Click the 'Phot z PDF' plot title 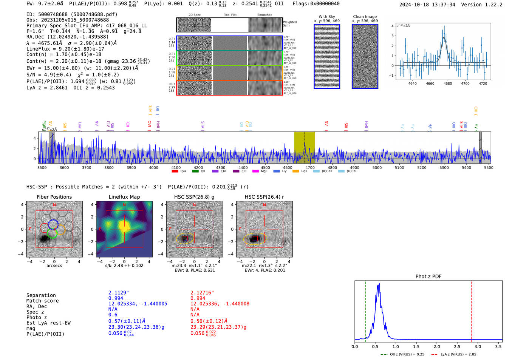click(x=428, y=277)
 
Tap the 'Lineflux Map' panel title click(x=124, y=197)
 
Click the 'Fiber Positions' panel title click(x=54, y=197)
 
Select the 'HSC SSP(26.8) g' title click(x=194, y=197)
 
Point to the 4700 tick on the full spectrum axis click(x=310, y=168)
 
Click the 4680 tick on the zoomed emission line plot click(x=448, y=83)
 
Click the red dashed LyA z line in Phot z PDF click(x=472, y=310)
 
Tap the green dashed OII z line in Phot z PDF click(x=365, y=310)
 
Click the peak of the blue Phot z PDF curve click(x=379, y=284)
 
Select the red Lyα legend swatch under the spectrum click(x=175, y=172)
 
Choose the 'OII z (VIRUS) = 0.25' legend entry click(x=402, y=354)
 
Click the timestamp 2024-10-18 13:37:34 click(x=427, y=5)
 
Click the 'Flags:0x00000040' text click(x=316, y=4)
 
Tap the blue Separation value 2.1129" click(x=119, y=293)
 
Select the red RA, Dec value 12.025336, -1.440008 click(x=220, y=304)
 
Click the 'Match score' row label click(x=42, y=301)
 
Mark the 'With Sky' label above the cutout click(x=326, y=17)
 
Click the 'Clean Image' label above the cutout click(x=365, y=17)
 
